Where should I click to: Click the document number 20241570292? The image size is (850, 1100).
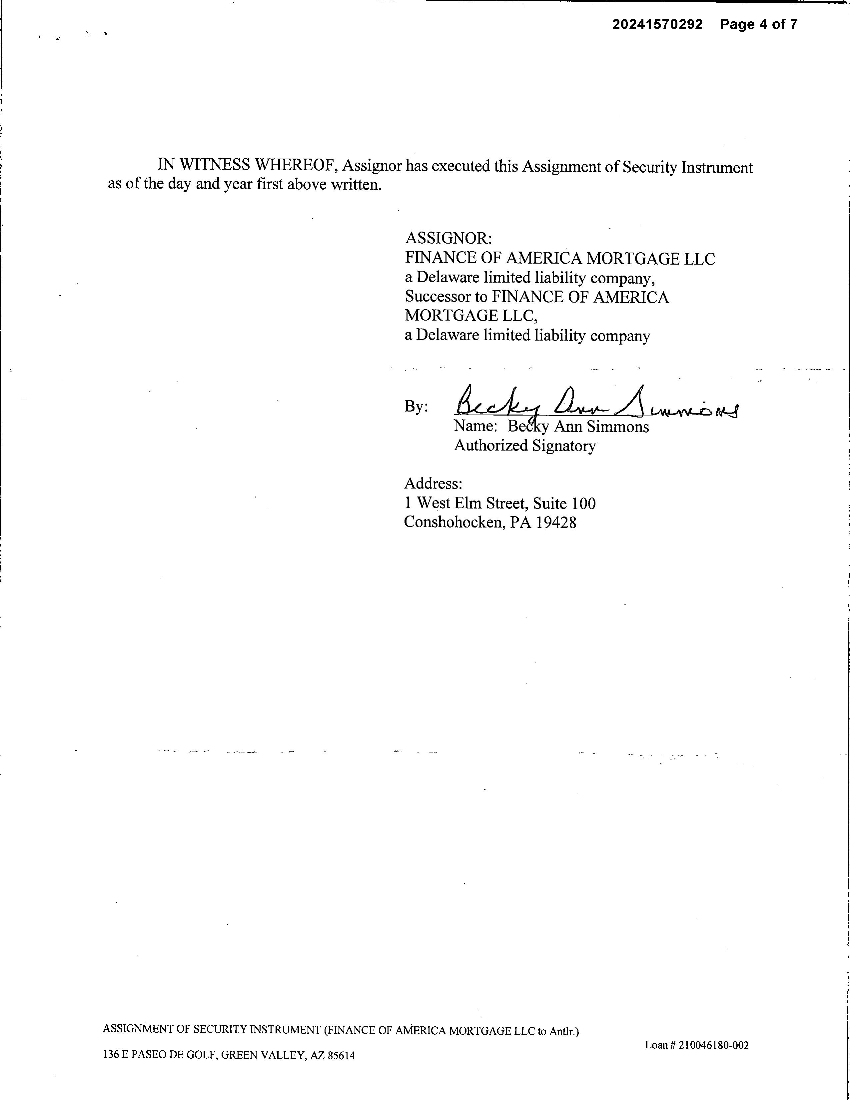pos(657,24)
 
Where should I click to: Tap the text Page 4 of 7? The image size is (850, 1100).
pos(758,24)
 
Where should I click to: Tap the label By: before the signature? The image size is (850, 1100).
pos(416,407)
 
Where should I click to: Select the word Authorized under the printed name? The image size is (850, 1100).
pos(491,446)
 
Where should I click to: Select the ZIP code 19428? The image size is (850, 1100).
pos(556,522)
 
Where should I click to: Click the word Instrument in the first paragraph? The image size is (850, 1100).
pos(717,167)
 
